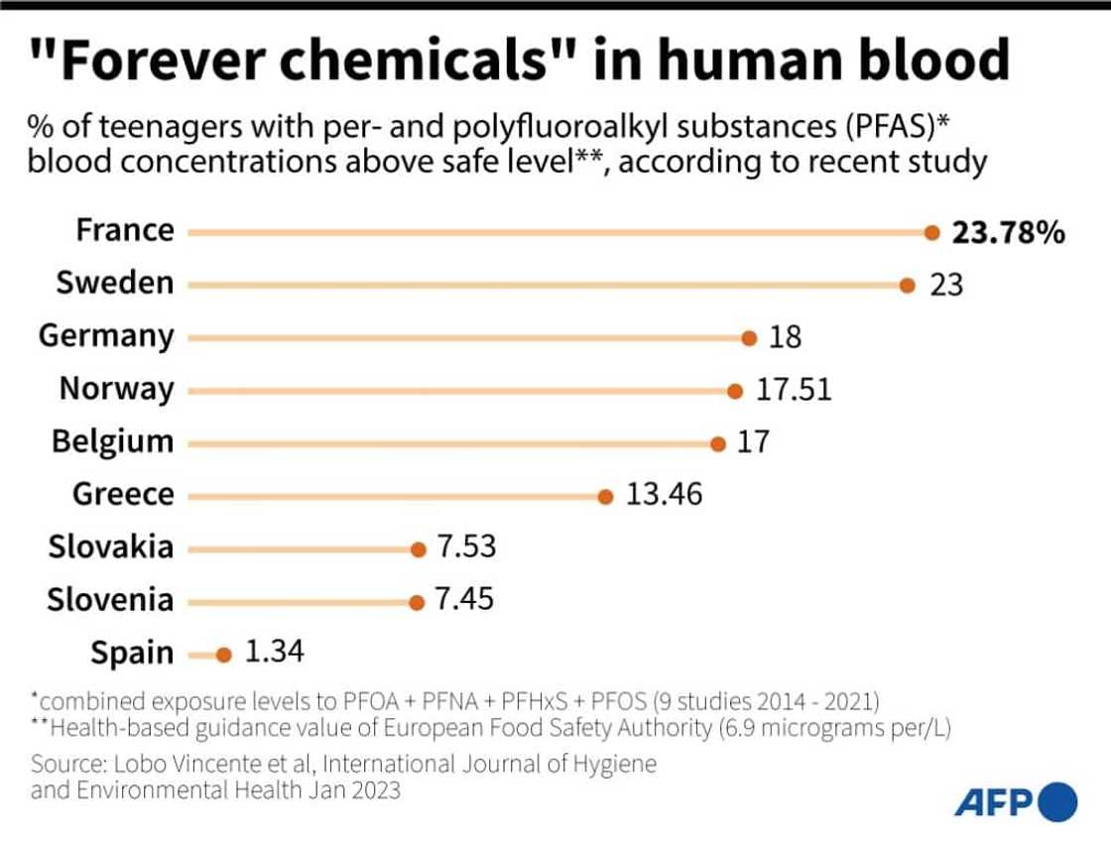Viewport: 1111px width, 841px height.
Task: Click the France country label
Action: point(125,230)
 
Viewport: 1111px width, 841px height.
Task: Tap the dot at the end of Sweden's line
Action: point(907,285)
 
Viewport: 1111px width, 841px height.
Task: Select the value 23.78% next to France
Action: point(1009,232)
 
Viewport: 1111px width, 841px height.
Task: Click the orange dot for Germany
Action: point(749,337)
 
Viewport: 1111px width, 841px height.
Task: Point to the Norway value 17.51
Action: point(794,390)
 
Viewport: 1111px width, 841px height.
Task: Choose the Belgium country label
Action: point(112,441)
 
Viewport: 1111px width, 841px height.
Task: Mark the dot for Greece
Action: point(606,496)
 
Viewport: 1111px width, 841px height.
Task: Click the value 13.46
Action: point(664,494)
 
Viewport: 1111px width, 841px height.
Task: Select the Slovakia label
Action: point(110,546)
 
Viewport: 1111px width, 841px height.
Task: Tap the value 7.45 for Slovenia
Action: point(465,600)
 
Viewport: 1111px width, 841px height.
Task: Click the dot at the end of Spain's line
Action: point(224,655)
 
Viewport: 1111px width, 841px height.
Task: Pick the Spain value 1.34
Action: point(275,653)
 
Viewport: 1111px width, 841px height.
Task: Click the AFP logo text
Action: point(995,800)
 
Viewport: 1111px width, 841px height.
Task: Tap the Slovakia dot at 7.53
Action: point(418,547)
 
